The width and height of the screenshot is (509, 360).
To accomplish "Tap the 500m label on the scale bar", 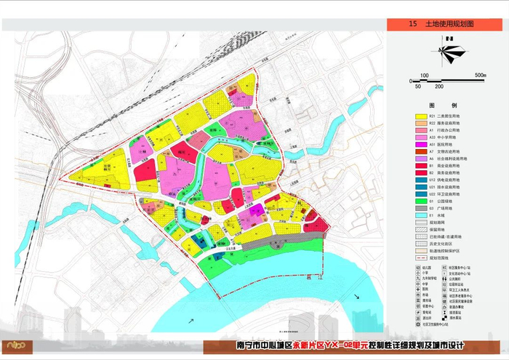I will [479, 75].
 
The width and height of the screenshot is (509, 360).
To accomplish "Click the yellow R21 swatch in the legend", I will [420, 116].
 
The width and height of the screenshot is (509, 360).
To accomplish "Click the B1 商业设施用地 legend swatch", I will [420, 165].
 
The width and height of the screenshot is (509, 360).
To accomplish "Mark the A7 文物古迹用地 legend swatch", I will [420, 151].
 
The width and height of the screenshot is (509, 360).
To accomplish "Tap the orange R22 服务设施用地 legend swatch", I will [420, 124].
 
